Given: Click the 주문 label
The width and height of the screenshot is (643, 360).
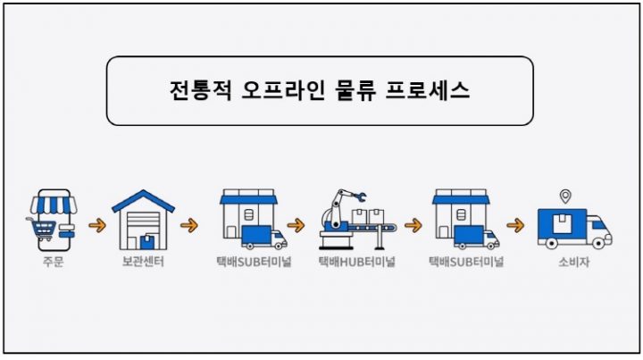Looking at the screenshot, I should pos(51,263).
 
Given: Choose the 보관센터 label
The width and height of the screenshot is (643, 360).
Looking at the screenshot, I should pos(143,263).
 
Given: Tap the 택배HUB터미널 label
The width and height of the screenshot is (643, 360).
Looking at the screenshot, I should pos(357,263).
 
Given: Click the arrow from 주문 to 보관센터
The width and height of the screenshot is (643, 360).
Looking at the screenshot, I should pos(96,225).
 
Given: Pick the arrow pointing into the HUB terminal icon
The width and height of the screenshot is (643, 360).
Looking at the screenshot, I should pos(295,225).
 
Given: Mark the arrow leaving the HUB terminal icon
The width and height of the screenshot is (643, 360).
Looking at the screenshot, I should pos(412,225).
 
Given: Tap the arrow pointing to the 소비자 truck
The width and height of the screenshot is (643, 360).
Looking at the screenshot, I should pos(515,225).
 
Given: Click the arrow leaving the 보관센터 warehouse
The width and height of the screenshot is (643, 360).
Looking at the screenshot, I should pos(188,225).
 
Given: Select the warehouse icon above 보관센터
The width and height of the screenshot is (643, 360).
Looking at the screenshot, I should pos(143,219).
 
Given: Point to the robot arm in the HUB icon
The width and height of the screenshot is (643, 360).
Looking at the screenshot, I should pos(338,205).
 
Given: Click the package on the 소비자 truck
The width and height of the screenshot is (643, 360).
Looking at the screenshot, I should pos(562,222).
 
